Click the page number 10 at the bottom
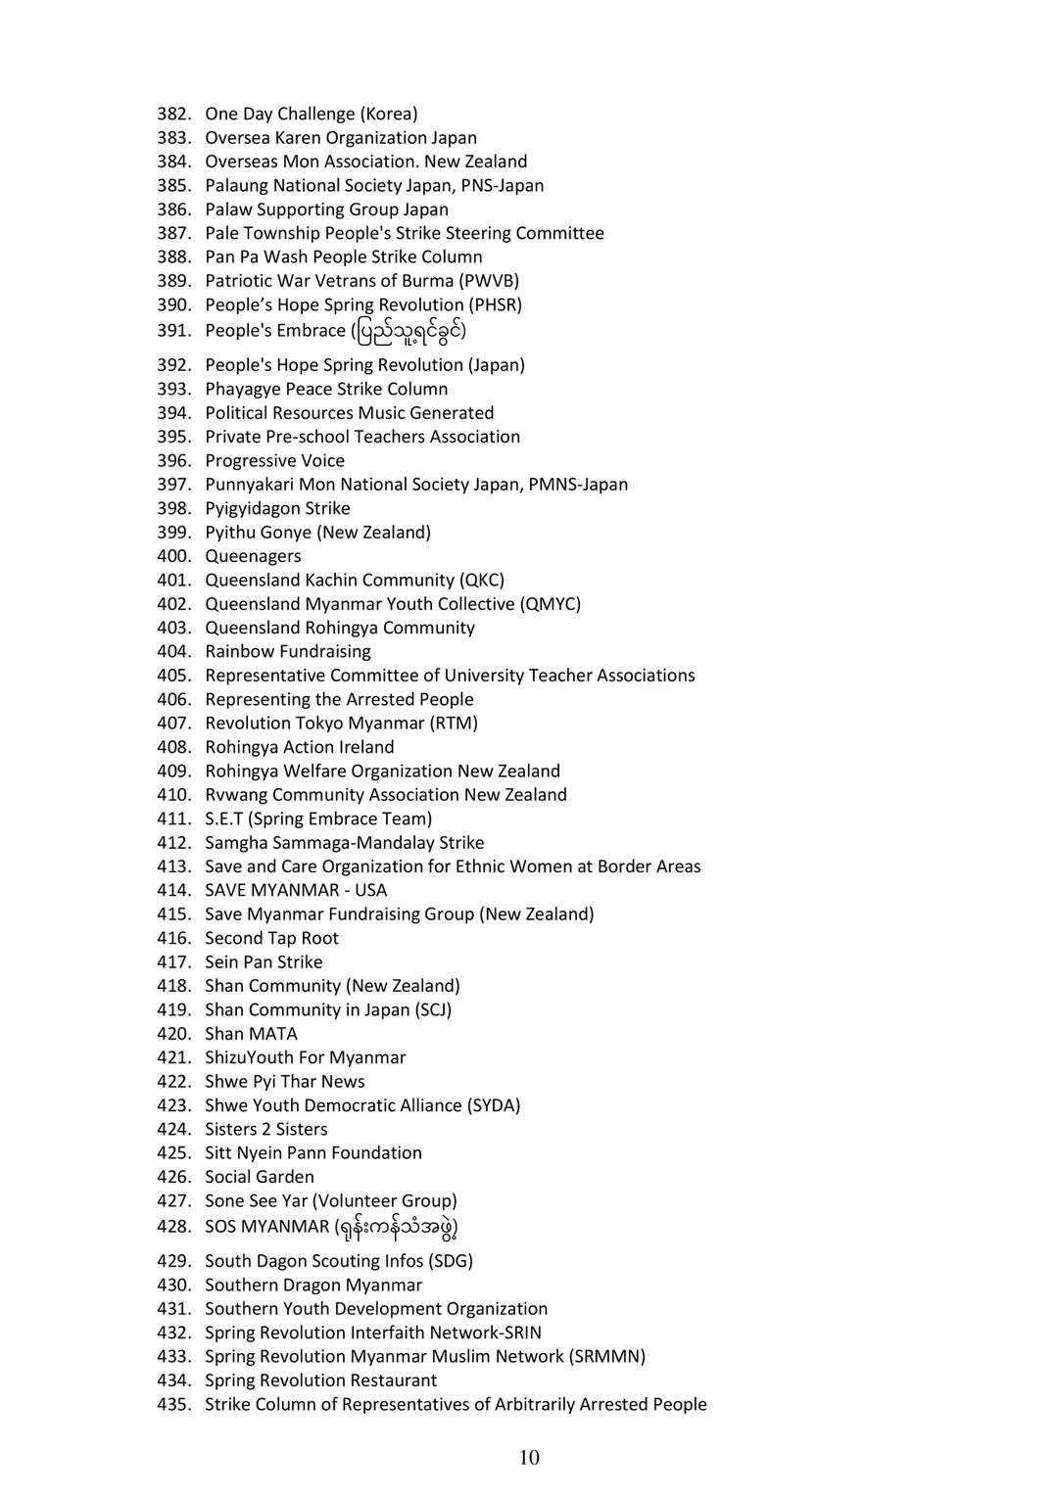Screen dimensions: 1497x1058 [529, 1458]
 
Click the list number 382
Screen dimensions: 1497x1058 [173, 115]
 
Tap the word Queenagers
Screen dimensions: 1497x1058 [253, 556]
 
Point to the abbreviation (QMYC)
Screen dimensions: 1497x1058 [550, 604]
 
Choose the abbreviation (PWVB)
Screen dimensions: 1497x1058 [488, 281]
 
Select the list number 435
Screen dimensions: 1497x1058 [173, 1405]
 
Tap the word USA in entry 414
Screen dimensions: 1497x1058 [370, 890]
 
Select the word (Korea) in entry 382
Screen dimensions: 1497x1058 [388, 115]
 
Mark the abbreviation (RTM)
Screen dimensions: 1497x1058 [453, 724]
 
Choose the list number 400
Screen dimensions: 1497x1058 [173, 556]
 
